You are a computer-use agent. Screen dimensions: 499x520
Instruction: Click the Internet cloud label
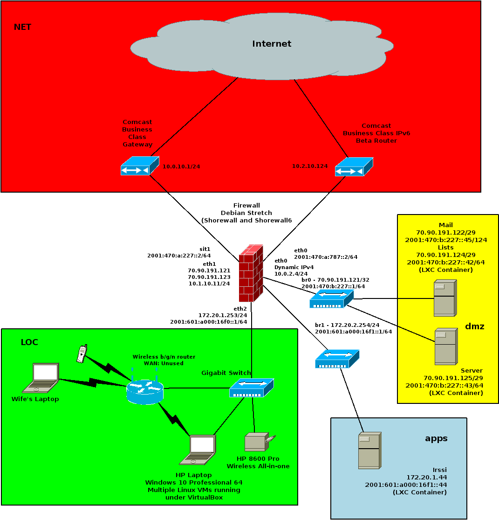click(x=272, y=44)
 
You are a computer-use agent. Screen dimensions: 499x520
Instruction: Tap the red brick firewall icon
click(x=251, y=273)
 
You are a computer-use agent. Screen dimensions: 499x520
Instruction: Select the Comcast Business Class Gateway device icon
click(x=140, y=166)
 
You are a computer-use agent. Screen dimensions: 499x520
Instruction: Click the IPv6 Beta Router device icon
click(x=354, y=166)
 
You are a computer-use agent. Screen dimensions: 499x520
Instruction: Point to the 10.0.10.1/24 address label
click(x=181, y=166)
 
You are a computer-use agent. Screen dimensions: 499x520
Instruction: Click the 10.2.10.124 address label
click(x=310, y=166)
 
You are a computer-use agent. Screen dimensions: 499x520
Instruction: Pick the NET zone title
click(x=22, y=27)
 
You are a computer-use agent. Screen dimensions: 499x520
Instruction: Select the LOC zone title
click(x=29, y=342)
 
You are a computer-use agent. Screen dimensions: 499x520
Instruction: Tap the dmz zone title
click(x=474, y=326)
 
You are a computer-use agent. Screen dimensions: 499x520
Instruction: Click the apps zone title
click(x=436, y=438)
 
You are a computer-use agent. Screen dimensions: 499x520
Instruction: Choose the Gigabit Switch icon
click(x=252, y=388)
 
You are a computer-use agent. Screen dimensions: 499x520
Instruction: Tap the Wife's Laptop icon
click(x=41, y=378)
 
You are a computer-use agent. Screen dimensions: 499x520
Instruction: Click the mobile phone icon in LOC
click(x=82, y=354)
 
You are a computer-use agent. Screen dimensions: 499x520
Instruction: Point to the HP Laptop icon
click(x=198, y=450)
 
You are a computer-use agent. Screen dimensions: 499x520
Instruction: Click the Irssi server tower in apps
click(x=370, y=451)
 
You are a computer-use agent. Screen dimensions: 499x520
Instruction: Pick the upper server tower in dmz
click(x=445, y=298)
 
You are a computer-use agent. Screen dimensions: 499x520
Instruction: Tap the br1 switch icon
click(x=337, y=359)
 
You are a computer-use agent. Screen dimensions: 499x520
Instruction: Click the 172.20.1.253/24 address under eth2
click(x=223, y=315)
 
